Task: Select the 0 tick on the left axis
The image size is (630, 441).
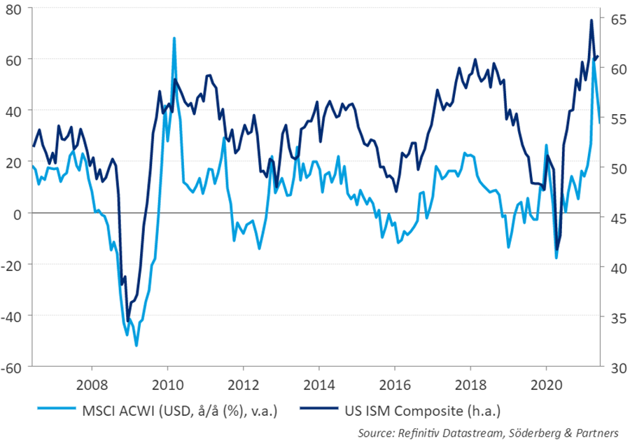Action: pyautogui.click(x=20, y=213)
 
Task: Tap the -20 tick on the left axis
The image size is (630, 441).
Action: pyautogui.click(x=14, y=264)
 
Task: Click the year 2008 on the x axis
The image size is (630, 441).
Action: pyautogui.click(x=91, y=384)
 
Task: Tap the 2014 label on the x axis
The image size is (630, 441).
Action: pyautogui.click(x=318, y=384)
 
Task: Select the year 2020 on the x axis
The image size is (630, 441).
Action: pyautogui.click(x=546, y=384)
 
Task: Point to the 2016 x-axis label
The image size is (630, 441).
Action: pyautogui.click(x=394, y=384)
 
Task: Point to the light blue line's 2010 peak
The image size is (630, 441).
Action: pyautogui.click(x=174, y=38)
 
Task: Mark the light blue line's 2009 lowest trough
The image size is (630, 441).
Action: pyautogui.click(x=136, y=345)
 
